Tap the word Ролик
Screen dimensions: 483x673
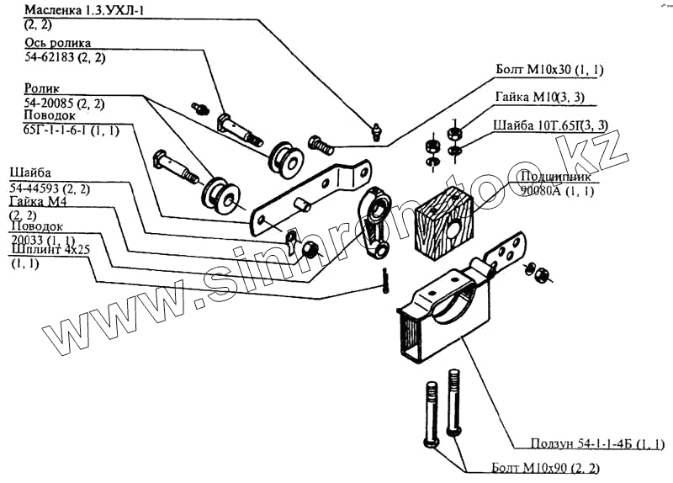click(40, 88)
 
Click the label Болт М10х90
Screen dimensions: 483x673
click(536, 467)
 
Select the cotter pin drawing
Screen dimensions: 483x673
click(384, 279)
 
